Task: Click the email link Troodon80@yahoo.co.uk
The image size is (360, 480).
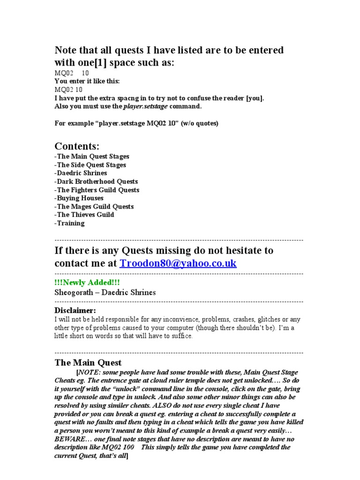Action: tap(178, 263)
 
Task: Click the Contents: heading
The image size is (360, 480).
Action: tap(77, 146)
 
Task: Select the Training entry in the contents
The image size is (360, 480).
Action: tap(70, 223)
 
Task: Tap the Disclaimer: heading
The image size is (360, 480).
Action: tap(75, 310)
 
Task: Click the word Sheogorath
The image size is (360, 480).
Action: tap(75, 292)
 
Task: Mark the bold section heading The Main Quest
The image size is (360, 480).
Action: tap(88, 362)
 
